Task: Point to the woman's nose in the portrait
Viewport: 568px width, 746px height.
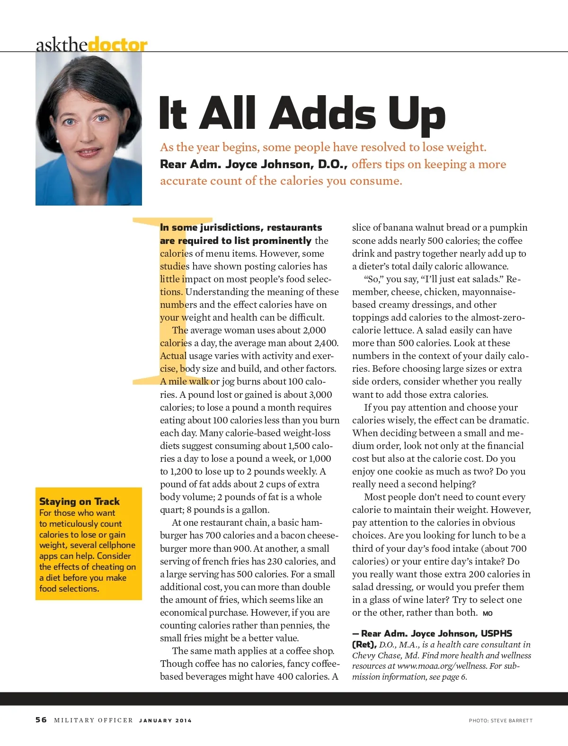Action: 87,135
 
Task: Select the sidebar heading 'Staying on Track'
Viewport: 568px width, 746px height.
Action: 80,501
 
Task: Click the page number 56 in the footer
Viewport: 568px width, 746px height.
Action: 41,720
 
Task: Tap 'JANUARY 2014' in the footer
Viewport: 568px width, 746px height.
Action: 165,720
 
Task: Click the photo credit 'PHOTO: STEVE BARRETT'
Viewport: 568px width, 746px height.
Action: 500,720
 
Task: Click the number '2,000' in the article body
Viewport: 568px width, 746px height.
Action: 314,331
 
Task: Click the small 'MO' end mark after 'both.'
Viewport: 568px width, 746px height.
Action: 488,613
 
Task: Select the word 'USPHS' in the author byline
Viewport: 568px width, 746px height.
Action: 497,633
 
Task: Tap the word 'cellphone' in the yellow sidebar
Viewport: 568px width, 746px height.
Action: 117,545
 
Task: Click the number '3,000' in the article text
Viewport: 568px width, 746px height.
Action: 320,395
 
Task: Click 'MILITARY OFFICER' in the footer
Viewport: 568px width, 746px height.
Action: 94,720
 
